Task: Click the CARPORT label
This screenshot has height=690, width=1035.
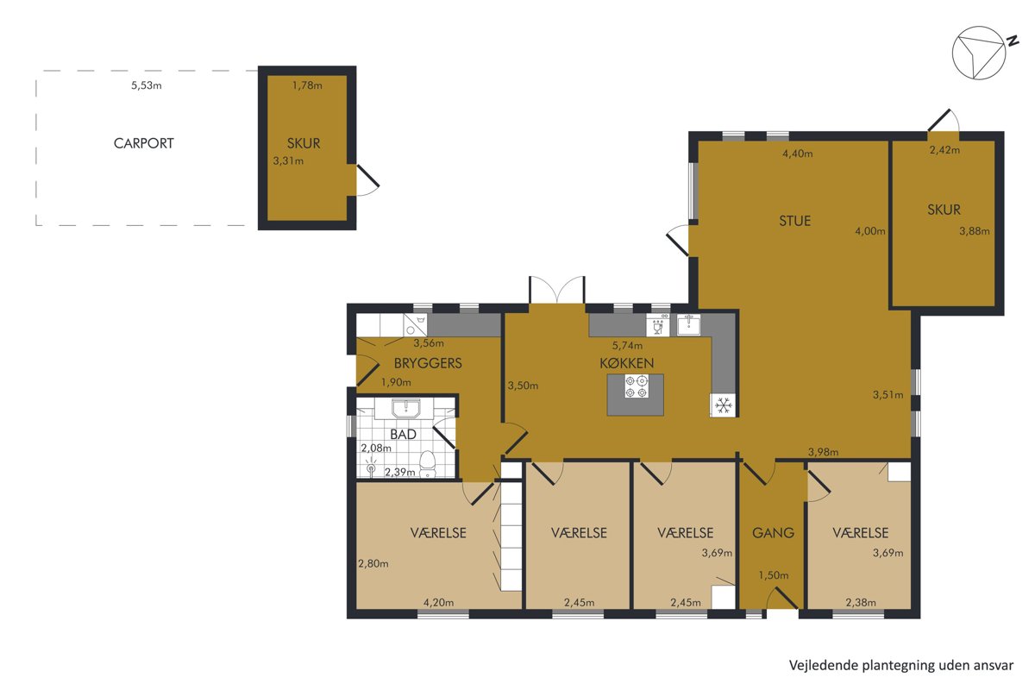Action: tap(144, 143)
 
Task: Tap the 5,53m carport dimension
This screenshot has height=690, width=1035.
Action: tap(147, 85)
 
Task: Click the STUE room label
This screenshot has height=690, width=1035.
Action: tap(794, 221)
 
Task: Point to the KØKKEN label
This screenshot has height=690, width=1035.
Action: tap(626, 363)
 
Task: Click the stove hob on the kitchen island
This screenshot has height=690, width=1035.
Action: tap(636, 386)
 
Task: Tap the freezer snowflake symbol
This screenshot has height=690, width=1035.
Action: tap(724, 405)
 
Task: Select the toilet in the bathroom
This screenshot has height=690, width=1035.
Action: tap(428, 463)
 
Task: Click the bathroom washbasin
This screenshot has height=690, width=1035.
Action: tap(405, 409)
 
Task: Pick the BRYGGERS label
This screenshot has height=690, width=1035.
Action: tap(428, 363)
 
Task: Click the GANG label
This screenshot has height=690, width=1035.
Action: tap(773, 533)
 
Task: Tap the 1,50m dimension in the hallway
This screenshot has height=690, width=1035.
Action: tap(774, 575)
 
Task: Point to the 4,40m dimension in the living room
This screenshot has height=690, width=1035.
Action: tap(798, 154)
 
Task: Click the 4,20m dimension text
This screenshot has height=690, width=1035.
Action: tap(438, 603)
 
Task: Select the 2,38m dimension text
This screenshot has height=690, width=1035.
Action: tap(861, 603)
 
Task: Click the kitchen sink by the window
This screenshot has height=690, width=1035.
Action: tap(688, 324)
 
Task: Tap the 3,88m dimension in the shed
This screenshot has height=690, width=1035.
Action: tap(975, 231)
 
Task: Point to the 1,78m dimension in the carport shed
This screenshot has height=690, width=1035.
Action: tap(307, 85)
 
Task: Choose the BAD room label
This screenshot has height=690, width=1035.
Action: tap(403, 435)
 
